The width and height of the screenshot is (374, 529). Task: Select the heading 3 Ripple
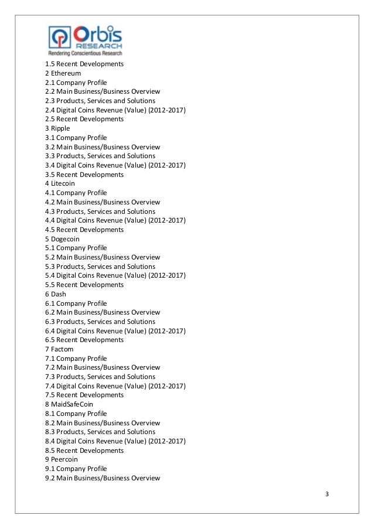click(x=57, y=128)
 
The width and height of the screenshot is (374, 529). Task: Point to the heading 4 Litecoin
click(x=60, y=183)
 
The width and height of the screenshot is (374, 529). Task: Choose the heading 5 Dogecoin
click(x=62, y=239)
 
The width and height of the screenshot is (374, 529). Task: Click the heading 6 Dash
click(x=56, y=294)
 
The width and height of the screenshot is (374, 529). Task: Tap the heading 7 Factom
click(x=60, y=349)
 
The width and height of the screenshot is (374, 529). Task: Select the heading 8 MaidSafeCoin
click(x=69, y=404)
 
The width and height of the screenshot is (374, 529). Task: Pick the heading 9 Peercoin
click(x=61, y=459)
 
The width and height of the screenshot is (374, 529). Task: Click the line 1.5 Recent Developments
click(x=84, y=64)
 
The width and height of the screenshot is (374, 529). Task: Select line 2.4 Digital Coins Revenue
click(x=115, y=110)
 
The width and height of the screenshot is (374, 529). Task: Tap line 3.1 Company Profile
click(x=76, y=138)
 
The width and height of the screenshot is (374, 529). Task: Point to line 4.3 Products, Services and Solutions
click(x=100, y=211)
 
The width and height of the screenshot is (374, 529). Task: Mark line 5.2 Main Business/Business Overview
click(x=103, y=257)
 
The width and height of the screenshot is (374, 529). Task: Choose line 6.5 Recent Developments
click(x=84, y=340)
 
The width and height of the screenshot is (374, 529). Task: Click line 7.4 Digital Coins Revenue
click(x=115, y=386)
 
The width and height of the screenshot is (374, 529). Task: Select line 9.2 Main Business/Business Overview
click(x=103, y=478)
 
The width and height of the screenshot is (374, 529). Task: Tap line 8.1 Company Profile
click(x=76, y=414)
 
